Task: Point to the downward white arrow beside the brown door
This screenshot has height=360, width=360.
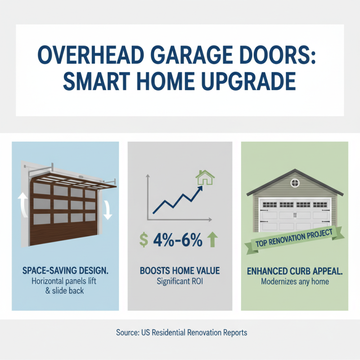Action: (x=108, y=210)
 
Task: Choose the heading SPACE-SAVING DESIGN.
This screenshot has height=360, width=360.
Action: (x=66, y=272)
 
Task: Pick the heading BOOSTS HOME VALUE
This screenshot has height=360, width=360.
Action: (x=180, y=272)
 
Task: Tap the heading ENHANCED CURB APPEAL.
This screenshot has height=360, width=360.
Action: (x=294, y=272)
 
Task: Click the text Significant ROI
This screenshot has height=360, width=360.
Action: (x=180, y=282)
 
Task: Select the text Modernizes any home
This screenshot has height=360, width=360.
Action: (x=294, y=282)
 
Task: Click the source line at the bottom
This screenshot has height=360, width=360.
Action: (x=180, y=333)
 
